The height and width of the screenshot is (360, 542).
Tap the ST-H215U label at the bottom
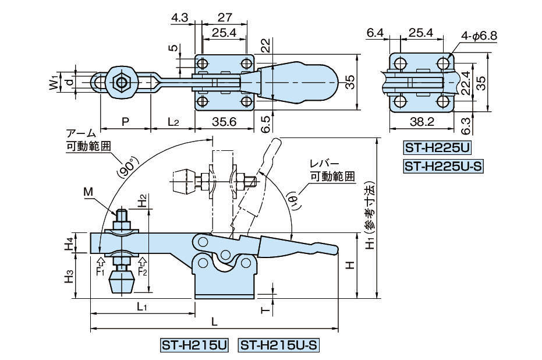(193, 345)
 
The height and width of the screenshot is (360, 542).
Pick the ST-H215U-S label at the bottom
(279, 345)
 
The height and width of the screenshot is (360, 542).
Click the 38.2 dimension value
(422, 122)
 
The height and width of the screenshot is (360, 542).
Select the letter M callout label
(87, 191)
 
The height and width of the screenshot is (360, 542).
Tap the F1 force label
(100, 271)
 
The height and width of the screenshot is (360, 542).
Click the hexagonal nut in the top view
(121, 82)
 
